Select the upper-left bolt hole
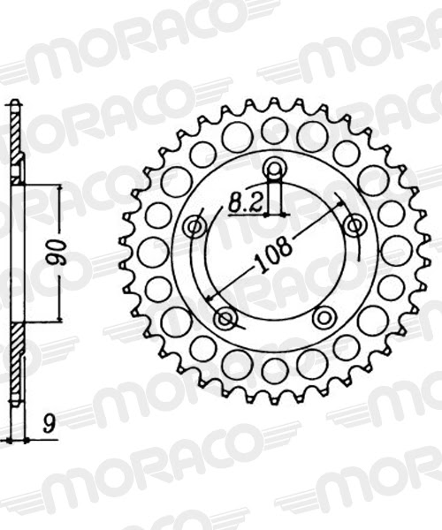(195, 227)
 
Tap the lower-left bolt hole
(225, 318)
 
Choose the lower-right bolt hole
(324, 317)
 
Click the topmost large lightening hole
(275, 131)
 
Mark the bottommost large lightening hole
(275, 371)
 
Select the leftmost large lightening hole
(153, 251)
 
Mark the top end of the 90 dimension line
(60, 185)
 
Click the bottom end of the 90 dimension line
(60, 322)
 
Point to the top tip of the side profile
(12, 102)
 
